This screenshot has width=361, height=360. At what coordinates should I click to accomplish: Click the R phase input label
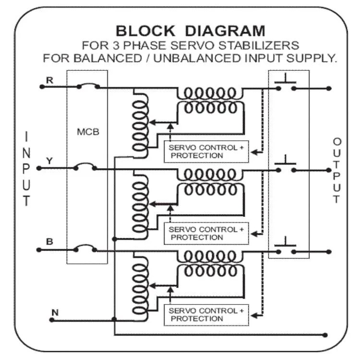point(48,79)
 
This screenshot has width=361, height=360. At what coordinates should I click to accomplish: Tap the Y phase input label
point(48,160)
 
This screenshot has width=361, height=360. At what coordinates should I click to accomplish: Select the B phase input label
point(49,241)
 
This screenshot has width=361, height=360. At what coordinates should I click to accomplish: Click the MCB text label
point(88,132)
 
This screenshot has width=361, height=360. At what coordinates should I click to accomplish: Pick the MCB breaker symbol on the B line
point(85,249)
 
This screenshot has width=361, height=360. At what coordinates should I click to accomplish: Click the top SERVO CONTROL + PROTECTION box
point(206,152)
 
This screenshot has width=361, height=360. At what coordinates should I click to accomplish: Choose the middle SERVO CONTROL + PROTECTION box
point(206,234)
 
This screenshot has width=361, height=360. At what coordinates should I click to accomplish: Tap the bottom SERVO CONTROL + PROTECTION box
point(206,315)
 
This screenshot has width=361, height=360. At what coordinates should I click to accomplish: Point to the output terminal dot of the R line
point(329,88)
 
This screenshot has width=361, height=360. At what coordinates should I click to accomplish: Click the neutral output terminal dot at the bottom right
point(326,335)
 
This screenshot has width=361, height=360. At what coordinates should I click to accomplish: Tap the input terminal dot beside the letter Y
point(38,168)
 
